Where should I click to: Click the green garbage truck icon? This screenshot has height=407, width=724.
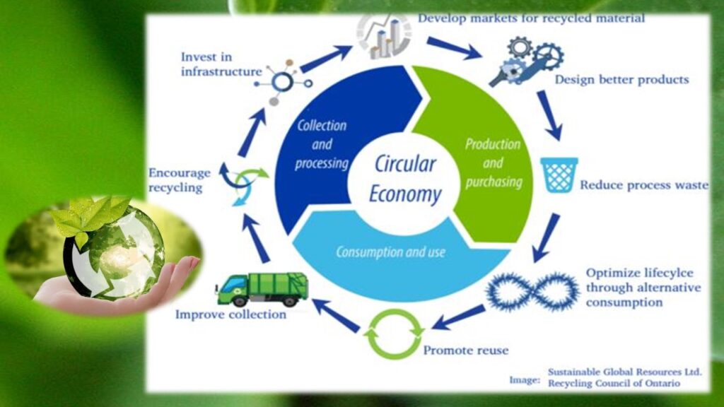262,289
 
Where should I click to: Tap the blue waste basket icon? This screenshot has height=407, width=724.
559,175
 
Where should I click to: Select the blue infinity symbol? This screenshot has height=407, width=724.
532,292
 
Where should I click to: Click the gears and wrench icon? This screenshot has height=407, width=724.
526,62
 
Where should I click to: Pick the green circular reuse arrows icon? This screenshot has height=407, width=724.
394,334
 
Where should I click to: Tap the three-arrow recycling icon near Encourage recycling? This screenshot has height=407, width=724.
243,183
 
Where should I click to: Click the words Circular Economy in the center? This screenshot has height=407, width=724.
405,179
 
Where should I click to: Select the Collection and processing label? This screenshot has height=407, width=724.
322,144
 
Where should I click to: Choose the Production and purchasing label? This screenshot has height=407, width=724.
494,163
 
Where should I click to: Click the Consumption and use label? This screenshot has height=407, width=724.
390,252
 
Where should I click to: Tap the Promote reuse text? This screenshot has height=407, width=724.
466,350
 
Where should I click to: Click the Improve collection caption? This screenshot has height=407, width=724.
231,314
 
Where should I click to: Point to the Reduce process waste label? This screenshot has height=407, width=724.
644,185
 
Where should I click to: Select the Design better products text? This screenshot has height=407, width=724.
621,79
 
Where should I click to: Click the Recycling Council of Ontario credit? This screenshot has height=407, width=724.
614,384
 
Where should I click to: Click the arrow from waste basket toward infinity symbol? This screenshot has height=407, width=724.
547,237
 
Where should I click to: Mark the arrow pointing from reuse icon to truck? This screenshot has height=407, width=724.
336,315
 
